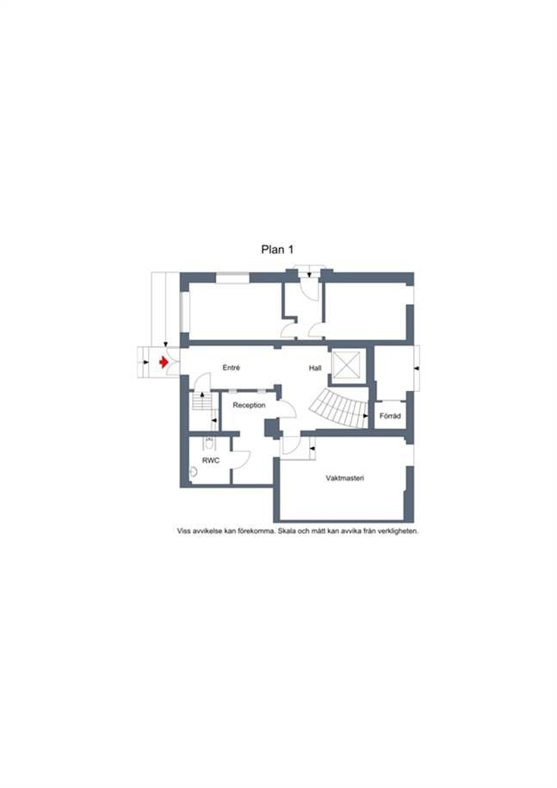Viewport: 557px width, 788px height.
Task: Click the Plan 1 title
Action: point(277,249)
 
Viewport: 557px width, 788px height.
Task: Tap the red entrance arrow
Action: point(164,362)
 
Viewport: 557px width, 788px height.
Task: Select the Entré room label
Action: point(231,368)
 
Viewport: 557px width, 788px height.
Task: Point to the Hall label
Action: point(315,369)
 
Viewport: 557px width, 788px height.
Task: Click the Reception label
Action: point(249,405)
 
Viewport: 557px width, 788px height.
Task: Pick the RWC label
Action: point(211,461)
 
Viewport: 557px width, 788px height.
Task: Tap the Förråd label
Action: point(390,416)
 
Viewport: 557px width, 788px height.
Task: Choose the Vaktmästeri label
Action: point(345,479)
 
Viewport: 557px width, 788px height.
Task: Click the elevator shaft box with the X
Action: point(347,364)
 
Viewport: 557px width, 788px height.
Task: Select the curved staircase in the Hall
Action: point(342,408)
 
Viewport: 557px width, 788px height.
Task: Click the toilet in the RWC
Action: point(209,444)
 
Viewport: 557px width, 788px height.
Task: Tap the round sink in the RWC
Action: point(193,472)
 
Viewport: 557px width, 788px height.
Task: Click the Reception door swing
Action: point(288,408)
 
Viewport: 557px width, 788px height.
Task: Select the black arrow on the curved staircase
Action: point(366,416)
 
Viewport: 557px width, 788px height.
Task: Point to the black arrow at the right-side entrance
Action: point(417,369)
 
